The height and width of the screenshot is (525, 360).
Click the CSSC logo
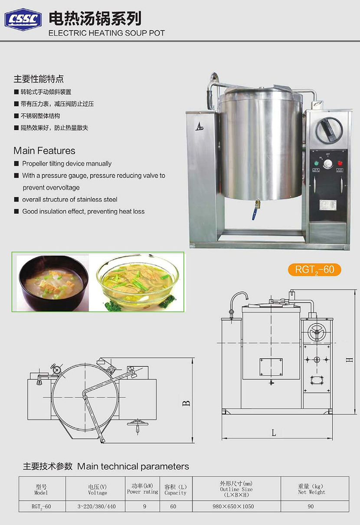tap(23, 20)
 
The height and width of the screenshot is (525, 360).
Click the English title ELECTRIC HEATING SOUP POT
tap(107, 33)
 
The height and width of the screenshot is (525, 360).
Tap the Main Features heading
tap(45, 151)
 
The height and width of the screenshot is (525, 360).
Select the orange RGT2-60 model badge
tap(314, 269)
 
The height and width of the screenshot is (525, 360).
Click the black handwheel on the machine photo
tap(329, 130)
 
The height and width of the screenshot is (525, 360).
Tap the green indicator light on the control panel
tap(317, 163)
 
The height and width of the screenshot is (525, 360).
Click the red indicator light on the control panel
tap(340, 163)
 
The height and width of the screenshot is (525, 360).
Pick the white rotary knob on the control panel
tap(328, 164)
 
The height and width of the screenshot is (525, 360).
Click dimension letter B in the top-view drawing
tap(187, 403)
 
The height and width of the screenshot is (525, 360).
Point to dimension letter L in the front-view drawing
tap(274, 433)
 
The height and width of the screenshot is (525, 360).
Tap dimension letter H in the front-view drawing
tap(349, 360)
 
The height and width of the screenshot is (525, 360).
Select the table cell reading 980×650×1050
tap(233, 506)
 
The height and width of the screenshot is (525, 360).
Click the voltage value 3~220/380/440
tap(96, 506)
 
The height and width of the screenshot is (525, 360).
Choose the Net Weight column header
tap(311, 489)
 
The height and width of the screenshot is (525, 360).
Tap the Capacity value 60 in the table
tap(173, 506)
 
